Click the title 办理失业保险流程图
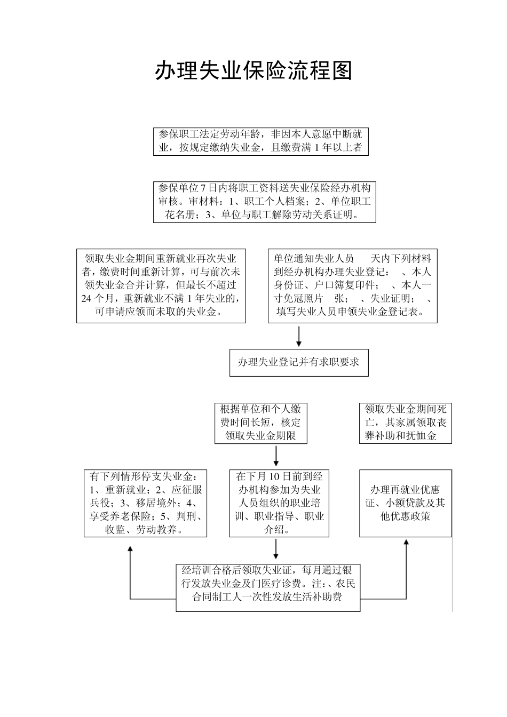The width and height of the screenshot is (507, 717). click(x=253, y=70)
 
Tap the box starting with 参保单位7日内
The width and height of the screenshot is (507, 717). click(x=264, y=202)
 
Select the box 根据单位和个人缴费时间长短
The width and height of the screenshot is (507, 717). click(x=261, y=423)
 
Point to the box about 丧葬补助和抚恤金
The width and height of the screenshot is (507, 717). click(x=406, y=423)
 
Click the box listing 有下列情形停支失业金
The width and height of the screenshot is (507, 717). click(x=146, y=503)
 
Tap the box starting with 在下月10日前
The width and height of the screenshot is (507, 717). click(x=279, y=503)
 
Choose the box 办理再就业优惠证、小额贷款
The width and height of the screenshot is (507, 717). click(x=405, y=503)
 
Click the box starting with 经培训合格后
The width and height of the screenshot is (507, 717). click(x=268, y=587)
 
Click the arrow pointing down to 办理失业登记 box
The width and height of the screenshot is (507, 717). click(x=299, y=336)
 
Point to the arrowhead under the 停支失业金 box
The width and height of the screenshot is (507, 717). click(x=130, y=549)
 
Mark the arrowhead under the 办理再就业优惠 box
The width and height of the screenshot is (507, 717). click(x=406, y=543)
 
